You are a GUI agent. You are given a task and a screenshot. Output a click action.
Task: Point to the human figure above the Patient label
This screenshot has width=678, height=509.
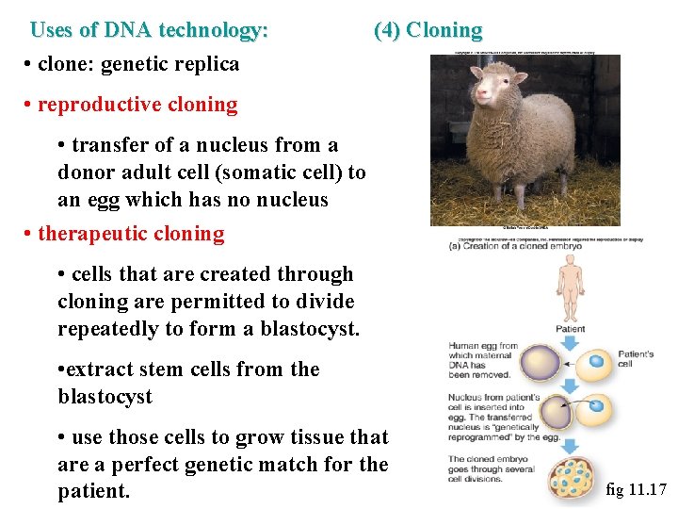coord(570,289)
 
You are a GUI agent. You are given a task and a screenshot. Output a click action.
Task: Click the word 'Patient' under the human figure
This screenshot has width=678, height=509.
coord(570,329)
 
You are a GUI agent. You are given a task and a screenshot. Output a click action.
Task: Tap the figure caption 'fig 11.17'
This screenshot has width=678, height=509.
coord(637,489)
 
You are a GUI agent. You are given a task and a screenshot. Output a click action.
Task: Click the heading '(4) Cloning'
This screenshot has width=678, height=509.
coord(428,30)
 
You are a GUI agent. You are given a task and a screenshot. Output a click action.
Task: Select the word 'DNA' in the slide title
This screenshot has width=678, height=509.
coord(127,30)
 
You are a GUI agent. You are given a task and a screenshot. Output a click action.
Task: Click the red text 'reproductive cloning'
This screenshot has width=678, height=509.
coord(137,104)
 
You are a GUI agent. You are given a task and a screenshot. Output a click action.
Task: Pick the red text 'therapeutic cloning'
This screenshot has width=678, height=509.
coord(131,234)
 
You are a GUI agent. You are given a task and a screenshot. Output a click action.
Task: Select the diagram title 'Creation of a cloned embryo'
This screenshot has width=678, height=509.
coord(519,247)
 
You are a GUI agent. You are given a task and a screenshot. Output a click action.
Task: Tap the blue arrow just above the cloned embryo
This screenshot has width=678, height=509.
coord(570,444)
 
